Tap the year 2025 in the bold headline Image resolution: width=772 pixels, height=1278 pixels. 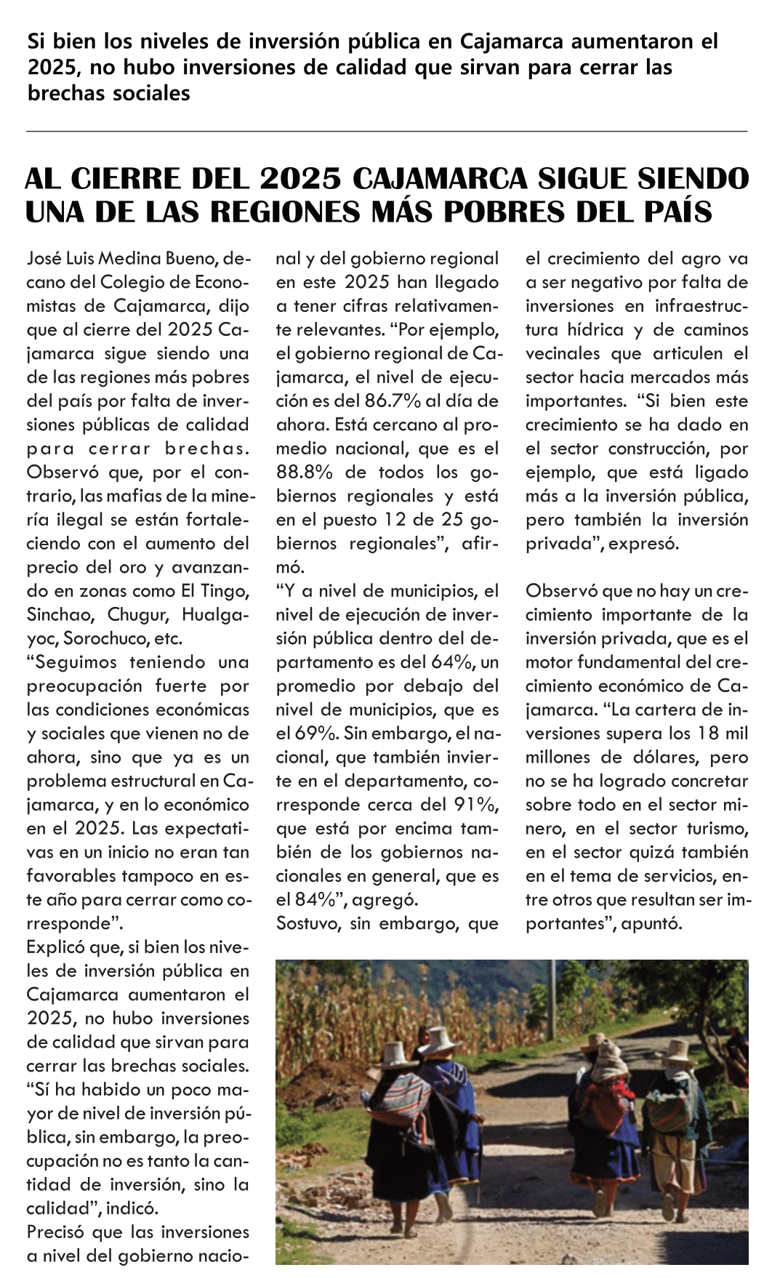(x=300, y=179)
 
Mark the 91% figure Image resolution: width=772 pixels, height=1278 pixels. (x=473, y=805)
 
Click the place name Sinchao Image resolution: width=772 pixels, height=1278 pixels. (x=61, y=615)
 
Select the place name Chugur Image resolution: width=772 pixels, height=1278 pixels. (x=138, y=615)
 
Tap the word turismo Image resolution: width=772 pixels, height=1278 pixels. (x=715, y=829)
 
